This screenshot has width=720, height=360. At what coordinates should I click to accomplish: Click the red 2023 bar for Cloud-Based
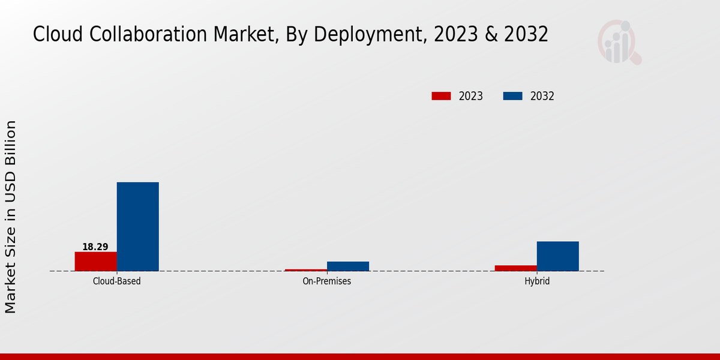95,261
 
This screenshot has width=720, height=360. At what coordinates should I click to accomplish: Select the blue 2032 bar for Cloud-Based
137,226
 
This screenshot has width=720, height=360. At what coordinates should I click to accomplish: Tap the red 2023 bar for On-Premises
305,270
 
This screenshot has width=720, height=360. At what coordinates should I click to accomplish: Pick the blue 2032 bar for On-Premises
347,266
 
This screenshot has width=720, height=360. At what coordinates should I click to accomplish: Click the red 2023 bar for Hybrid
515,268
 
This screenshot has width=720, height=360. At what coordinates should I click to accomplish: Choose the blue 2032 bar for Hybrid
557,256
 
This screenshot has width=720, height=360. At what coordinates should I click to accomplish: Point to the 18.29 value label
95,247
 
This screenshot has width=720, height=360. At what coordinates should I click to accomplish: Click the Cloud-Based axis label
116,281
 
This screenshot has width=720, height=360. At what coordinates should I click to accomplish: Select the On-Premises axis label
326,281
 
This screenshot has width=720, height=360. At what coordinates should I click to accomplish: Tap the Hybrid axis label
536,281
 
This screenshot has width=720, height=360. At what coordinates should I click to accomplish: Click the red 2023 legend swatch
441,96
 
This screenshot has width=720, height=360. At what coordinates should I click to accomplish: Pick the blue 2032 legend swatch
512,96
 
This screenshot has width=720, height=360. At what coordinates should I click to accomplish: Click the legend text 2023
471,96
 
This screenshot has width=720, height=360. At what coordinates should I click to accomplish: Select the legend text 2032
542,96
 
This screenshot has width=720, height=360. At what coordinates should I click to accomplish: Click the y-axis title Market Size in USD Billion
11,216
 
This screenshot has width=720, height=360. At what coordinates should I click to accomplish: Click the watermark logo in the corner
619,42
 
